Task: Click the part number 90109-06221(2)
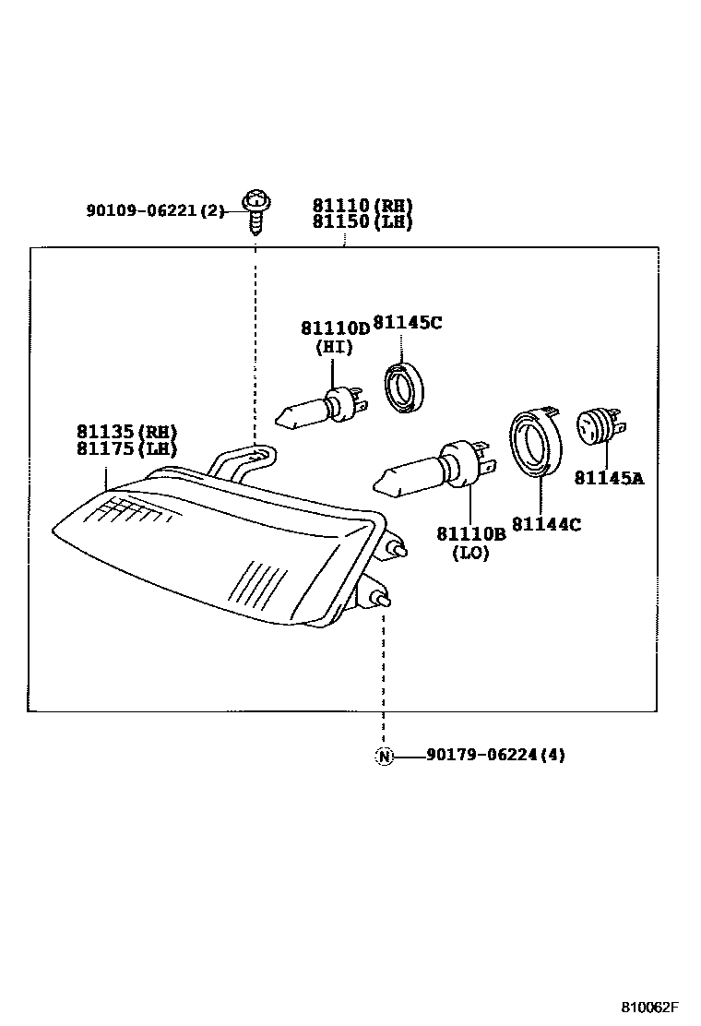pos(155,210)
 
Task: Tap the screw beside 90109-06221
pos(255,210)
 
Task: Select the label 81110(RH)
pos(362,206)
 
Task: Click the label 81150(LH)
pos(362,222)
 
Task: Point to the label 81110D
pos(334,328)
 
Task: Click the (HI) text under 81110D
pos(334,347)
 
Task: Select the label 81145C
pos(407,323)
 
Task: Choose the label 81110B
pos(470,534)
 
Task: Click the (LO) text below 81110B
pos(470,553)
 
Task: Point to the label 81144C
pos(546,524)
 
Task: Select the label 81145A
pos(609,478)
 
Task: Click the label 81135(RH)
pos(126,432)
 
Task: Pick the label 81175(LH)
pos(126,448)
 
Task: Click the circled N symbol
pos(384,756)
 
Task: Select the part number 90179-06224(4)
pos(495,755)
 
